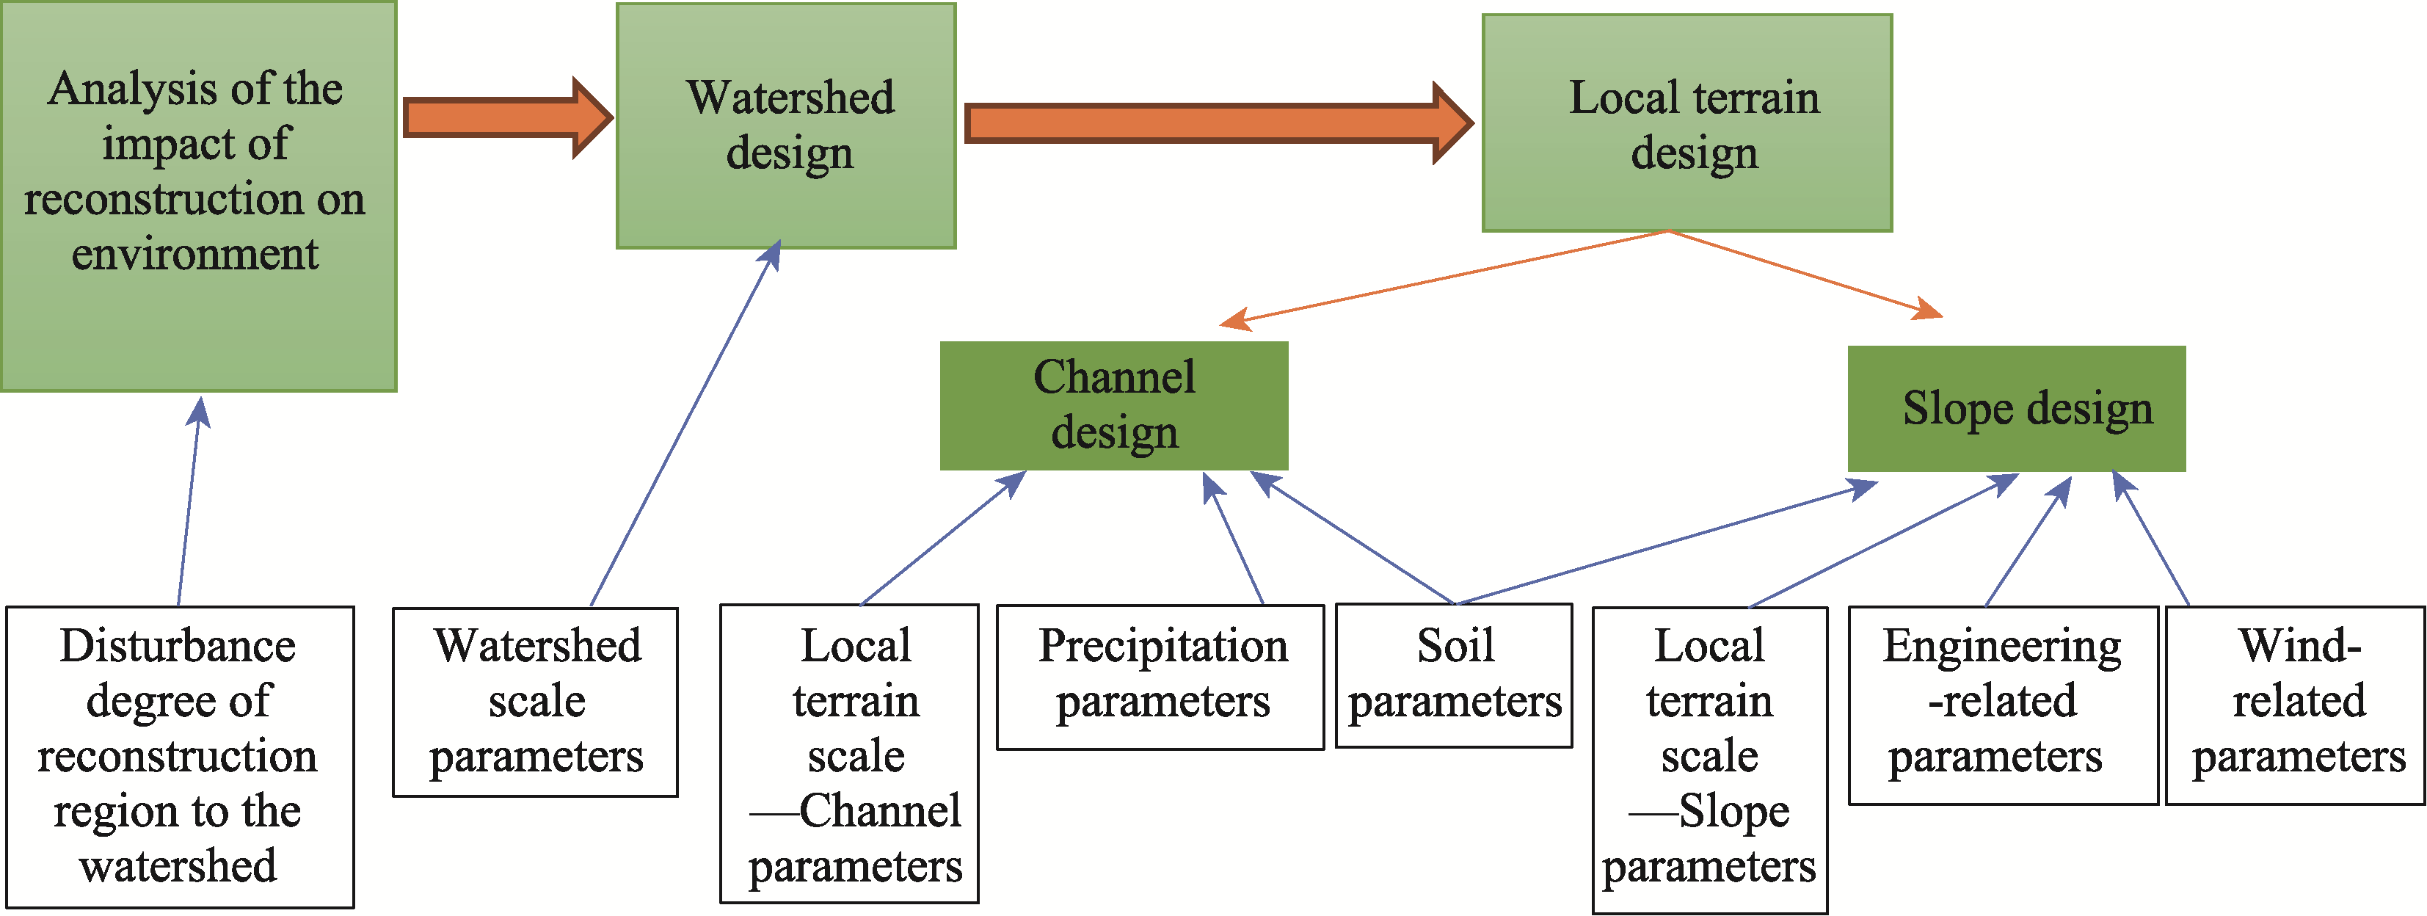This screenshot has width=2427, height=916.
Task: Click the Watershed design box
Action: [786, 126]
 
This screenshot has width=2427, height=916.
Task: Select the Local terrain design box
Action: [1686, 123]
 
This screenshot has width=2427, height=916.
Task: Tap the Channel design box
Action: [1113, 405]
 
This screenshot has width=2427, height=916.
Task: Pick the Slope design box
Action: [2016, 408]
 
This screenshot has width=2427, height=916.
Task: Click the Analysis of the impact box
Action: [198, 196]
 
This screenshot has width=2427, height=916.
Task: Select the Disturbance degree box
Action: [180, 757]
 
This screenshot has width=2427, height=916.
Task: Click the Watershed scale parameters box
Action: [535, 702]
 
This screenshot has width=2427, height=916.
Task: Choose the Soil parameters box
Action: [1454, 675]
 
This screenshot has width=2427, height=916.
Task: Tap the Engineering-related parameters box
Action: [2003, 705]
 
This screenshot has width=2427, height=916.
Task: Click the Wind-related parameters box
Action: [2295, 705]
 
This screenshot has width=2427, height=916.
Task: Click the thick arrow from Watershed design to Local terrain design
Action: [1219, 123]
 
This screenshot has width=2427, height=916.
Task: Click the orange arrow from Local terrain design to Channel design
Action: [1444, 279]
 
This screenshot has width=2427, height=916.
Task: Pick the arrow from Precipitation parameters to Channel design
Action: [1233, 538]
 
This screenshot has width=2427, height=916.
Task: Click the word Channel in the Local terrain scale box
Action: [880, 810]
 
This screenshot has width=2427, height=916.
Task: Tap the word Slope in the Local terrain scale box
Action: [1733, 810]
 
